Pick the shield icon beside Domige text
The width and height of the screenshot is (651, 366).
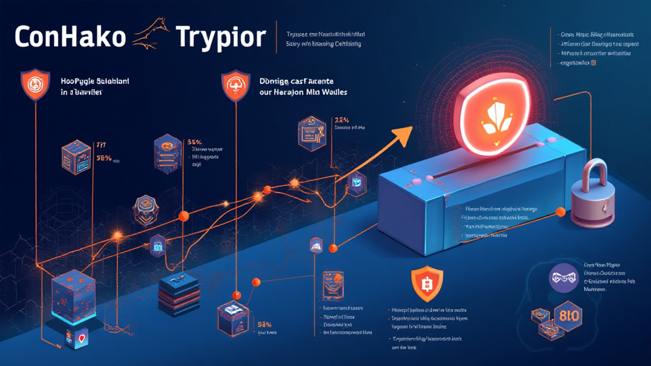click(x=233, y=85)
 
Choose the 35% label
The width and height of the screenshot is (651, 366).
click(x=195, y=142)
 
